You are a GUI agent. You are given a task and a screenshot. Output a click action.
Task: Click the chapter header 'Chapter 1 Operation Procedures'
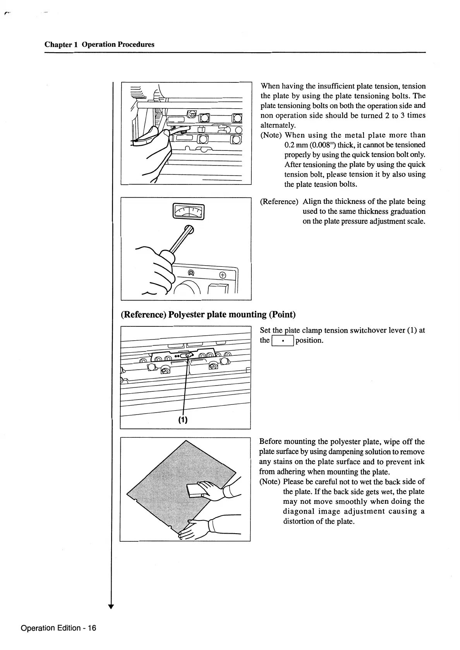coord(100,44)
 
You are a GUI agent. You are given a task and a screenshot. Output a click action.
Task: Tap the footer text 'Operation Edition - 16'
coord(58,628)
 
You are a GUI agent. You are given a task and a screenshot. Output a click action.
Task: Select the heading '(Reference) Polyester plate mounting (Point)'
coord(208,314)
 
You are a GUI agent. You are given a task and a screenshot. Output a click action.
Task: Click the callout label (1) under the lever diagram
coord(183,420)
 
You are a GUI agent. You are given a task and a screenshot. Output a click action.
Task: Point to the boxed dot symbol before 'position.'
coord(283,341)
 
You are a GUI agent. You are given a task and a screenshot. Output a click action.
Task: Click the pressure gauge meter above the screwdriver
coord(189,212)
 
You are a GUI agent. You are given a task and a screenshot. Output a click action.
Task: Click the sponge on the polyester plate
coord(198,490)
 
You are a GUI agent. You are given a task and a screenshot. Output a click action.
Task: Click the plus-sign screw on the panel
coord(222,275)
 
